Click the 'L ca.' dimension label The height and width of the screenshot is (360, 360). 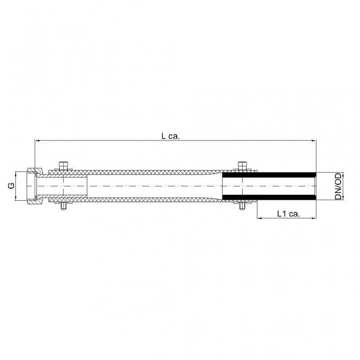(171, 136)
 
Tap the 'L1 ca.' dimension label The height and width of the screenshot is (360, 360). (288, 214)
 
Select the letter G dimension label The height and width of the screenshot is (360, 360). (11, 185)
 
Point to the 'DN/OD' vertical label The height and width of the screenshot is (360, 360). (338, 186)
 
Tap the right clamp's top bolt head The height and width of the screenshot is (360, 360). (242, 165)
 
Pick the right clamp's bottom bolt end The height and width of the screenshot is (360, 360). (242, 206)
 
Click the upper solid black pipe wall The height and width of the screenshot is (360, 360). (269, 175)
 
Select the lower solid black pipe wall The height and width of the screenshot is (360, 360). (269, 197)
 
